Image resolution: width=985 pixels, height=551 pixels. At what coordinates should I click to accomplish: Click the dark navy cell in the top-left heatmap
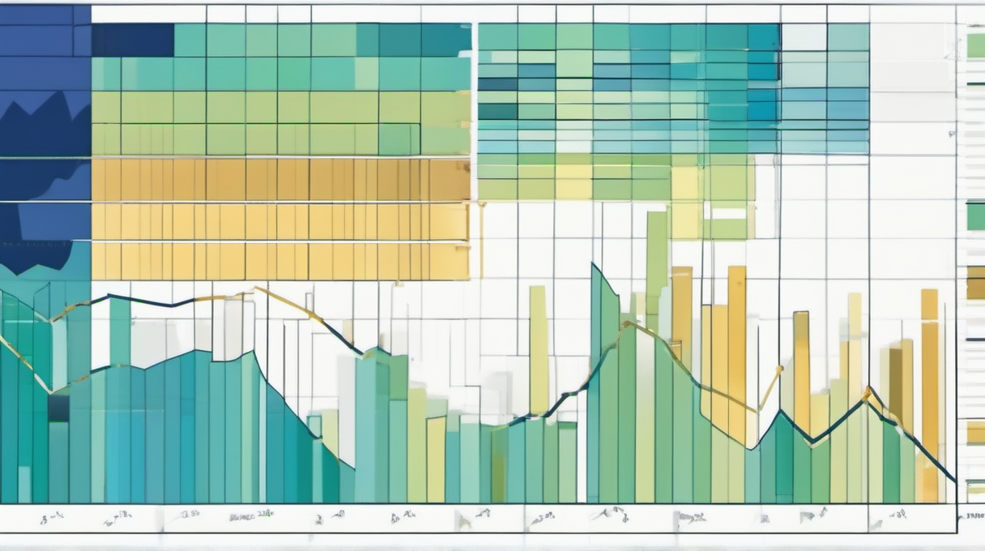(x=132, y=40)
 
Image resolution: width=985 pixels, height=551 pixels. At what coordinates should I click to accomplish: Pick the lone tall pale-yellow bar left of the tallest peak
(x=539, y=348)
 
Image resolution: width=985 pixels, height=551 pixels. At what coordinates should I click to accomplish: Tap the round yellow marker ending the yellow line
(x=780, y=369)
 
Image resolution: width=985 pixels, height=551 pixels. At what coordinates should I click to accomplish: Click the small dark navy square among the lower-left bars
(x=58, y=408)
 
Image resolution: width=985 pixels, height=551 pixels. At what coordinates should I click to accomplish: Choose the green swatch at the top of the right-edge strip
(x=975, y=45)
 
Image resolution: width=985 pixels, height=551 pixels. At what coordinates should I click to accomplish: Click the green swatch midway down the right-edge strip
(x=975, y=216)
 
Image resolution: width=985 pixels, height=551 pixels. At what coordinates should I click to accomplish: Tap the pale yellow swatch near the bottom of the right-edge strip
(x=975, y=432)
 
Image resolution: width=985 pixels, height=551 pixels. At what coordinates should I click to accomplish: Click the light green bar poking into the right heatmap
(x=657, y=259)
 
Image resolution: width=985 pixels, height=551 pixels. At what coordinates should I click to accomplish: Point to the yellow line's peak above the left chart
(x=256, y=288)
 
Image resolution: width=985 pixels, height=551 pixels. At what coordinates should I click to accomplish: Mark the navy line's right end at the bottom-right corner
(x=955, y=481)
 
